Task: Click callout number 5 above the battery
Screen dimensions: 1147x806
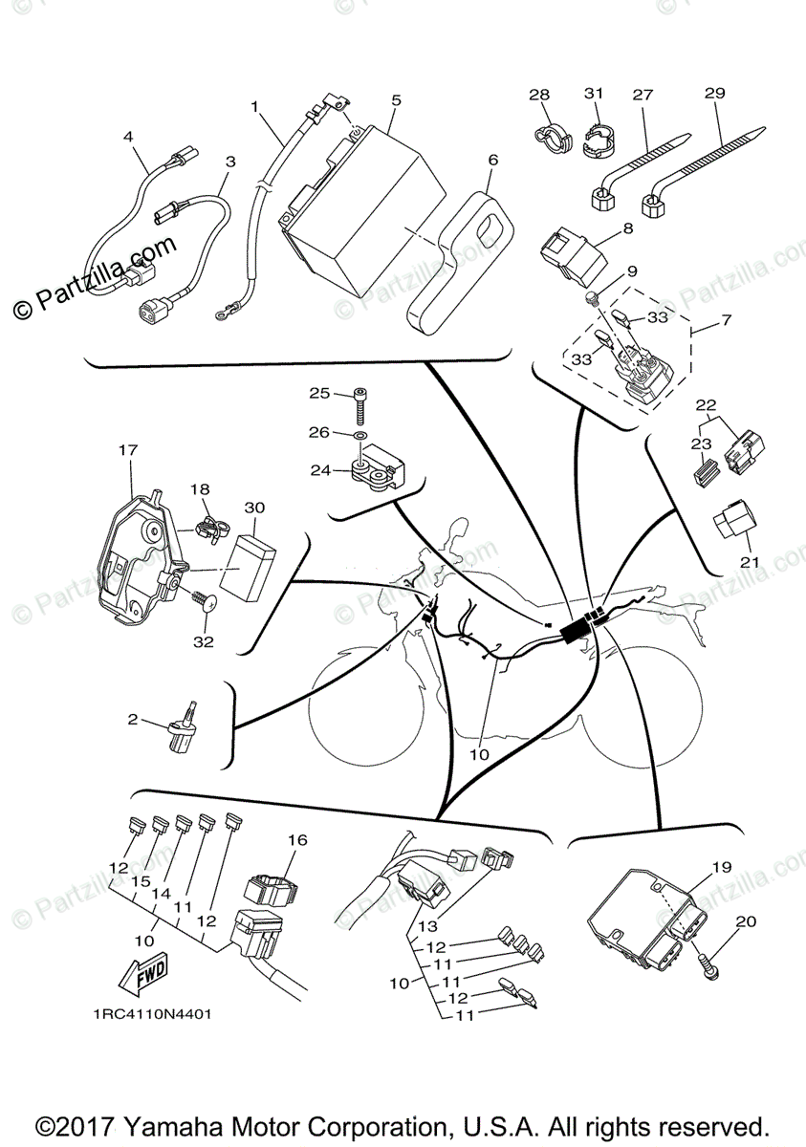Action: (396, 99)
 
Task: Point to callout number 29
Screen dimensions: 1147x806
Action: (713, 94)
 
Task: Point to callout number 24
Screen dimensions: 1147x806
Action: (319, 469)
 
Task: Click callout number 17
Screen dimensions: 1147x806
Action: (128, 448)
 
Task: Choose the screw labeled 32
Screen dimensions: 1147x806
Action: (204, 604)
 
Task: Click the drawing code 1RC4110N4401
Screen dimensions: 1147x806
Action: (152, 1015)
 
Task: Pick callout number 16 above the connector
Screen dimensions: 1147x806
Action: (297, 840)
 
